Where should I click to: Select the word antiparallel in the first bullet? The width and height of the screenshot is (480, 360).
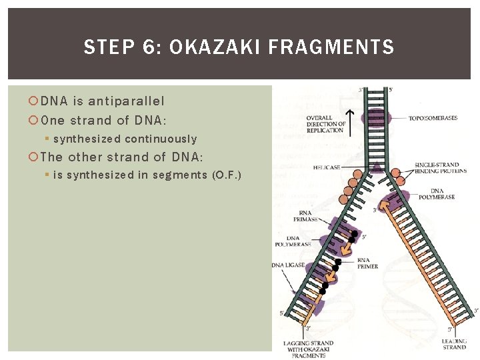click(x=126, y=101)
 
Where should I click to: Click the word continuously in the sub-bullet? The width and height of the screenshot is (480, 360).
click(x=161, y=139)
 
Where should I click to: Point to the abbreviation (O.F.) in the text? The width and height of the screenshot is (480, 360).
click(x=226, y=175)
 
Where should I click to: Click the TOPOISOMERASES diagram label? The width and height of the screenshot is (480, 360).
click(x=433, y=118)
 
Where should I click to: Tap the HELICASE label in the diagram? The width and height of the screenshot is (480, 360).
click(x=327, y=167)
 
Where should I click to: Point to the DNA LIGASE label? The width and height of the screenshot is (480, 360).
click(x=288, y=265)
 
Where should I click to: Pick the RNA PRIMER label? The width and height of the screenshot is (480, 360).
click(x=367, y=263)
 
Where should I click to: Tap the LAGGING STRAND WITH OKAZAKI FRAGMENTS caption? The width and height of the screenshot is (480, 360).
click(x=308, y=349)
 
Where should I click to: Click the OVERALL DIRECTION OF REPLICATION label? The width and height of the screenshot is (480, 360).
click(x=326, y=124)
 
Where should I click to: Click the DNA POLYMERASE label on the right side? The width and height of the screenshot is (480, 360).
click(x=437, y=194)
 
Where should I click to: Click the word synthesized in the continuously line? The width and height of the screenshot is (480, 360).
click(x=87, y=139)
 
